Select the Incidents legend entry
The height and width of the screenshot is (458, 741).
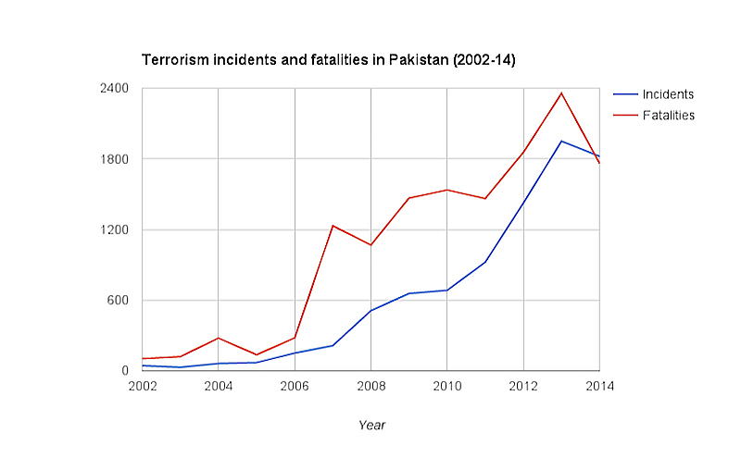(668, 94)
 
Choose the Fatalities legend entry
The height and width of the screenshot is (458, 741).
(668, 116)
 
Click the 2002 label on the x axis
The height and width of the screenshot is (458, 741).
(142, 385)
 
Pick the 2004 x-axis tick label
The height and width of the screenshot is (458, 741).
(219, 385)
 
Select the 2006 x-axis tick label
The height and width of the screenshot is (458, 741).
(295, 385)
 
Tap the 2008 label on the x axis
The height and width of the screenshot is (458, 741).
(370, 385)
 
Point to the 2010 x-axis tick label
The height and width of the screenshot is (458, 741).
(447, 385)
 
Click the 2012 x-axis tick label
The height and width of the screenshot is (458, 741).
(523, 385)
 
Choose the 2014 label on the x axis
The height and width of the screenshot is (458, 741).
(599, 385)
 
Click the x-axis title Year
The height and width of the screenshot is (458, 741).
(371, 426)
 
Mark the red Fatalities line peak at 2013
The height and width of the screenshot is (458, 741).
(561, 93)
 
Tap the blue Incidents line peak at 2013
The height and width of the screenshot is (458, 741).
(561, 141)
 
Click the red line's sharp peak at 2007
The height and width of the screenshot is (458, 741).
(333, 225)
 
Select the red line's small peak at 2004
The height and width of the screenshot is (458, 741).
(219, 338)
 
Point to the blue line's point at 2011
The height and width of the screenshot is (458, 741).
(485, 262)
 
